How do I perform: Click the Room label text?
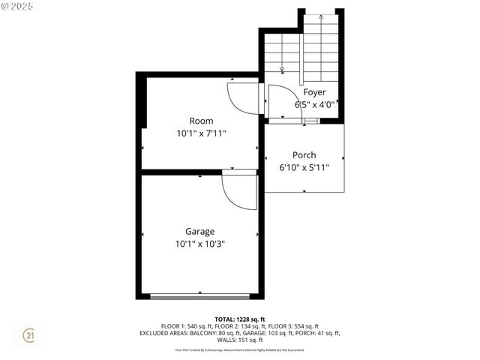(x=201, y=121)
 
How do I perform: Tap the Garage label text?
(x=200, y=231)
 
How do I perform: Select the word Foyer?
(x=315, y=92)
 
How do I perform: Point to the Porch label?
(x=304, y=155)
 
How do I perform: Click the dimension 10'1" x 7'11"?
(x=201, y=133)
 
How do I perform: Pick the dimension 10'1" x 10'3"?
(x=200, y=244)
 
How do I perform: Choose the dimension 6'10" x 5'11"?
(x=304, y=167)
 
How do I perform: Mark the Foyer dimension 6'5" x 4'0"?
(x=315, y=105)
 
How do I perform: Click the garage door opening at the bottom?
(x=200, y=297)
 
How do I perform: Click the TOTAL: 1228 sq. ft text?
(x=240, y=319)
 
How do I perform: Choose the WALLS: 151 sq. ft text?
(x=240, y=340)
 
